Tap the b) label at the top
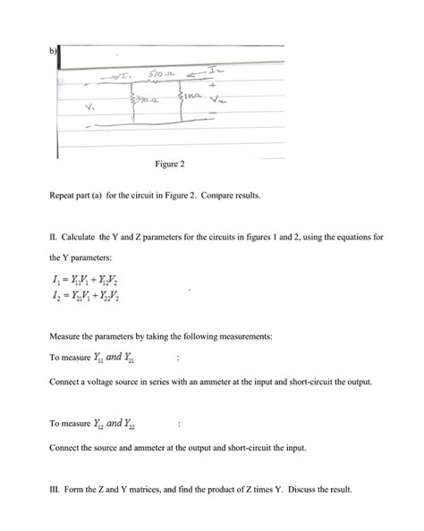coord(54,50)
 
